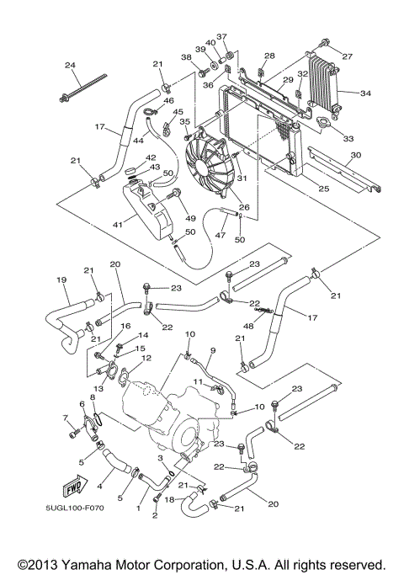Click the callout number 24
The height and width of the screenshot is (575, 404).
pos(70,67)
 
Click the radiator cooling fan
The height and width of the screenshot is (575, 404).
pos(207,165)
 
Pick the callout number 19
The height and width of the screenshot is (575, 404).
pos(61,280)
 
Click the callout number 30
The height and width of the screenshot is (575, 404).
pos(356,155)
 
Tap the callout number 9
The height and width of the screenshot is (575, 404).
pos(213,350)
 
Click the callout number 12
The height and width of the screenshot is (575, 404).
pos(146,358)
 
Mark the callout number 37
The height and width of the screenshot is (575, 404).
pos(221,37)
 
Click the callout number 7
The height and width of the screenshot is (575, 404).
pos(64,418)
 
